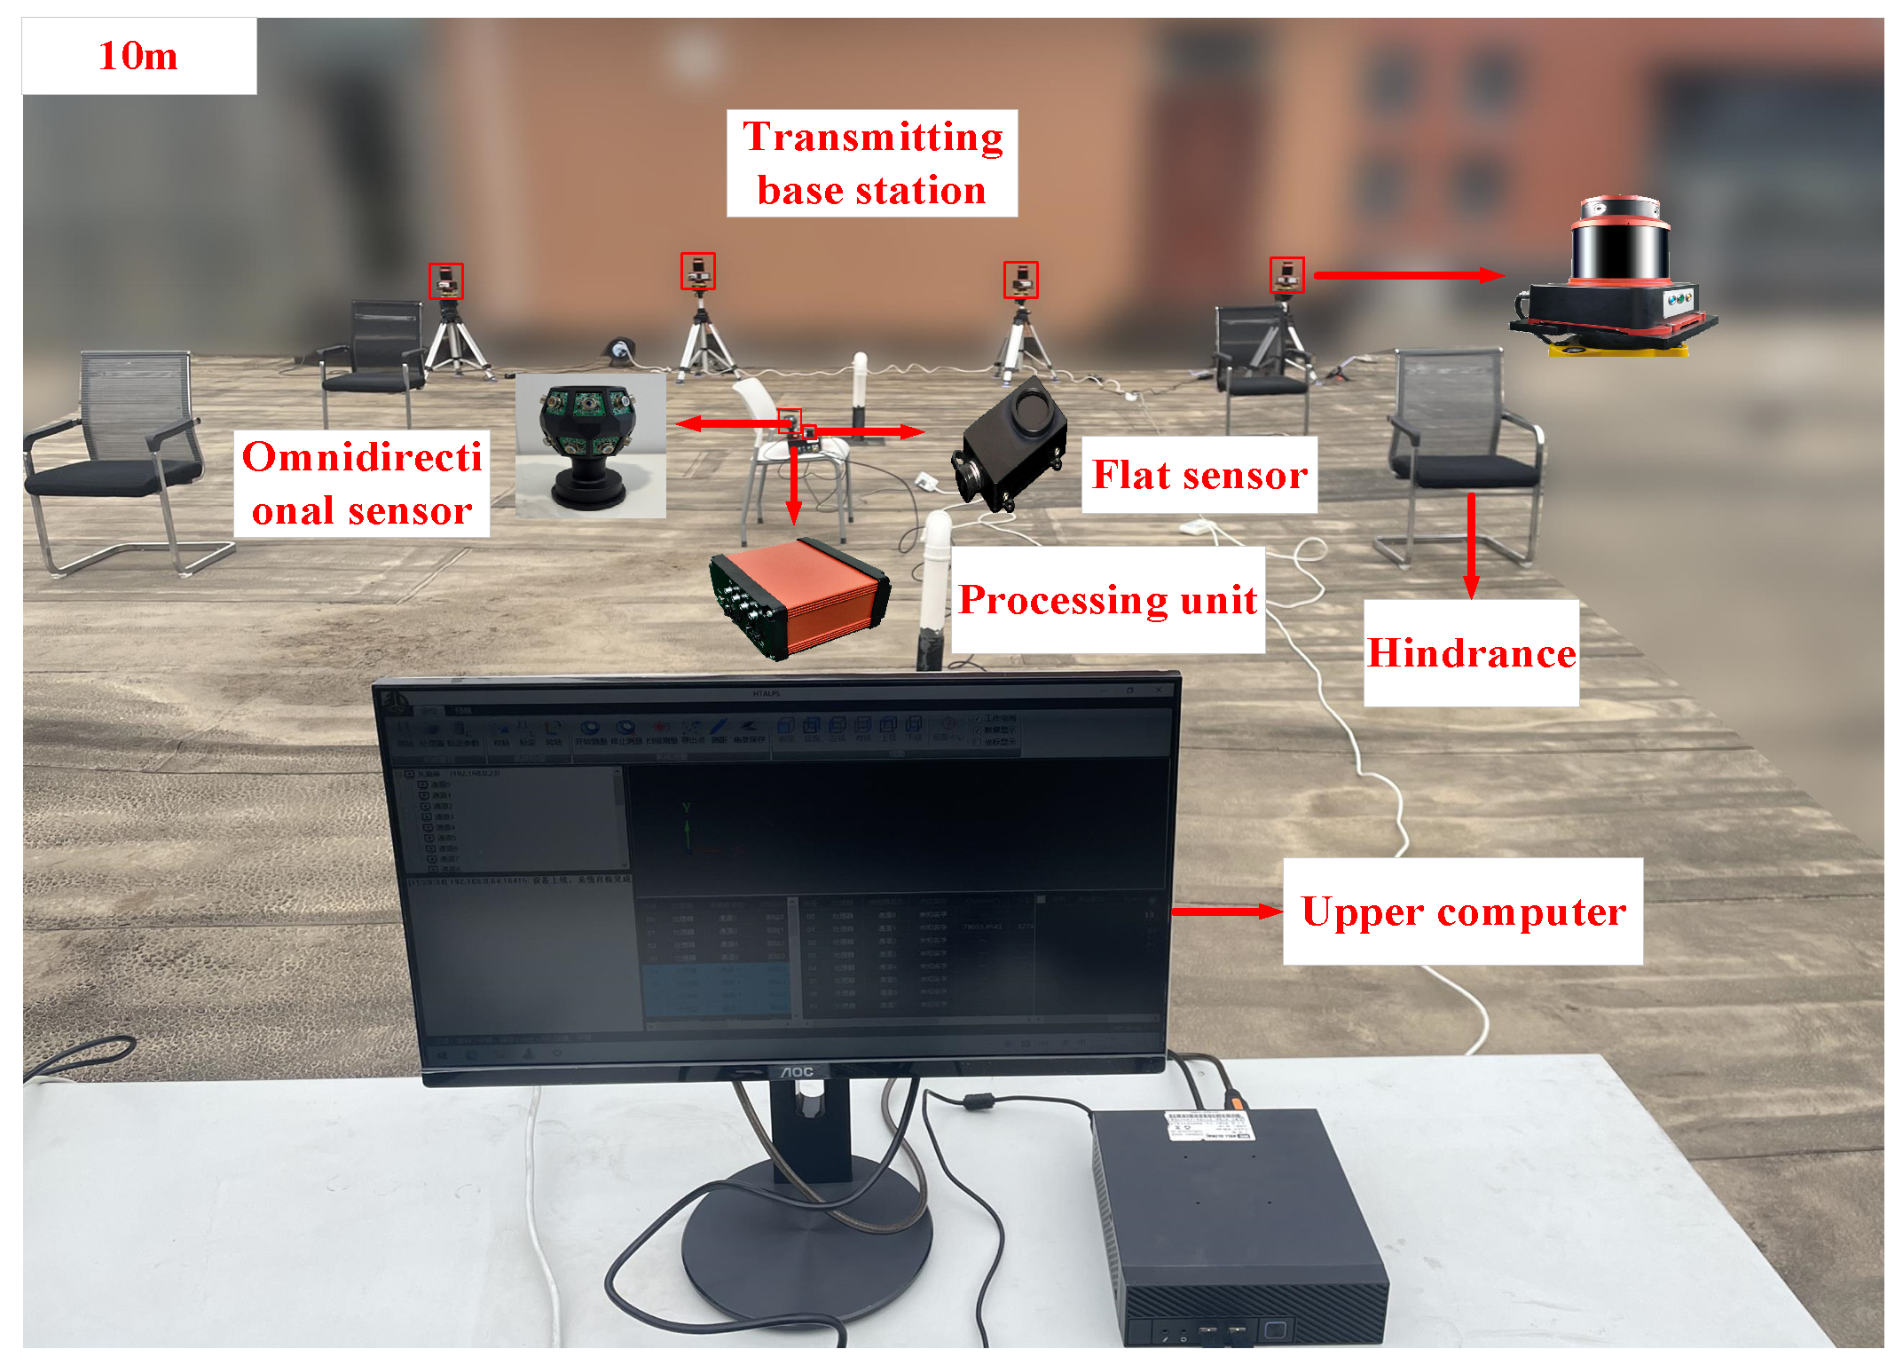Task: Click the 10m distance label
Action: (138, 56)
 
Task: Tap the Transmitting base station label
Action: (872, 163)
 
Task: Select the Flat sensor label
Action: (1199, 475)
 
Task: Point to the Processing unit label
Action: (1107, 600)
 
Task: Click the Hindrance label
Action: (1471, 653)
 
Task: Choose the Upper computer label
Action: (1462, 911)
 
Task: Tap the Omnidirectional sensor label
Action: (361, 485)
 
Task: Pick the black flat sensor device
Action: (1011, 444)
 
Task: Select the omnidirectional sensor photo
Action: (590, 446)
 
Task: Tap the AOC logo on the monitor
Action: (796, 1072)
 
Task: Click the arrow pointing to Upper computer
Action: (1226, 911)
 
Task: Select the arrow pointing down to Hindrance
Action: (1471, 546)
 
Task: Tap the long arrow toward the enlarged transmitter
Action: (1408, 275)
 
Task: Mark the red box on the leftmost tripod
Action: (446, 280)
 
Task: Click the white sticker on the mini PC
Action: (1207, 1126)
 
